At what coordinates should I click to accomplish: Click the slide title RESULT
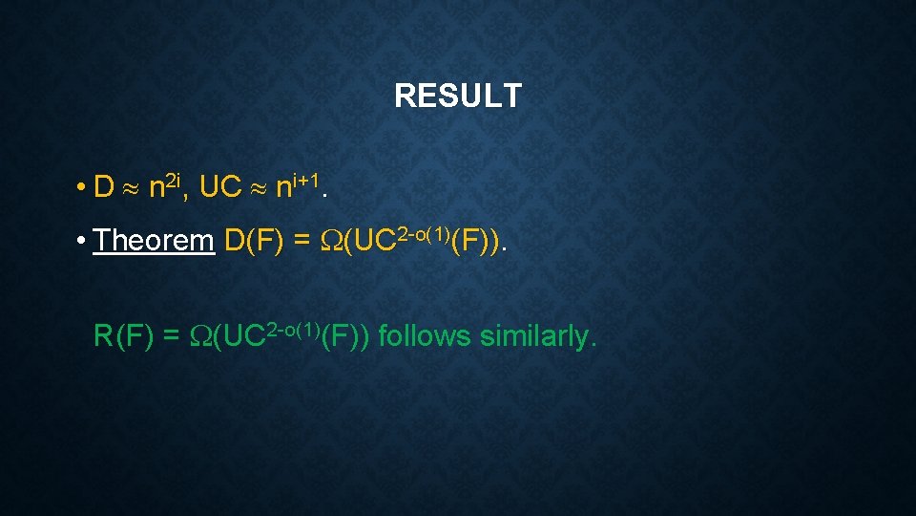pos(458,96)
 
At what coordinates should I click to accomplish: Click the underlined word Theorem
pos(154,241)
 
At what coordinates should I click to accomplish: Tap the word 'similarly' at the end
pos(538,336)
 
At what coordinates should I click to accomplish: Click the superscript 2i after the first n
pos(173,177)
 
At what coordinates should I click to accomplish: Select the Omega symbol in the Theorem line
pos(330,242)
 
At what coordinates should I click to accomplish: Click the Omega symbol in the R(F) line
pos(201,337)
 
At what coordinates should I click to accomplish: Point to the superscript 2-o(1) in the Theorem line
pos(417,229)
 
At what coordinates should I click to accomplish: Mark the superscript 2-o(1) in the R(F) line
pos(288,325)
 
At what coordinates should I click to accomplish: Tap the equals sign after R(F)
pos(173,337)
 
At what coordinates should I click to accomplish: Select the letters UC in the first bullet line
pos(220,187)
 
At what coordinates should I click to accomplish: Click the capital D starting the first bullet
pos(104,187)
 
